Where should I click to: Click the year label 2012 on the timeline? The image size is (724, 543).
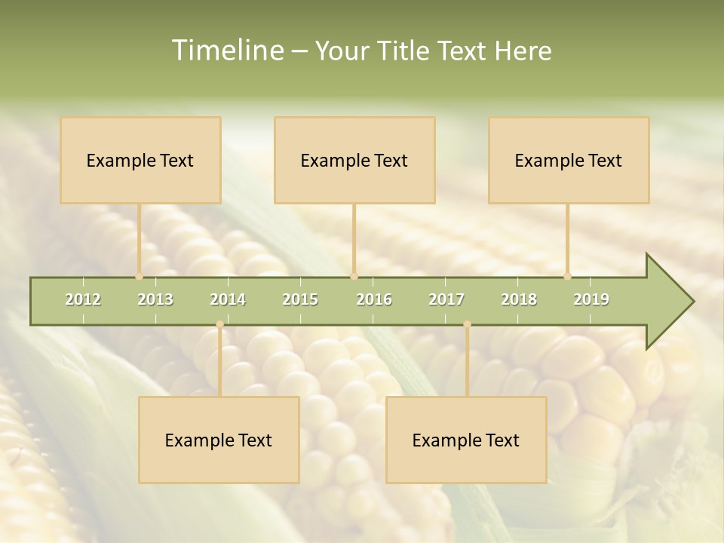tap(83, 299)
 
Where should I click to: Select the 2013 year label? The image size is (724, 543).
tap(155, 299)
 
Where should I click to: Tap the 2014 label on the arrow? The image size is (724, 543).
tap(228, 299)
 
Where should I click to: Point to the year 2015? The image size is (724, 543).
tap(300, 299)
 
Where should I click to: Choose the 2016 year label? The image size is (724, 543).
tap(374, 299)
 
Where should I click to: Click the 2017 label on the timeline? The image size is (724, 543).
tap(446, 299)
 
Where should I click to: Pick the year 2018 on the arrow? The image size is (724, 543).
tap(519, 299)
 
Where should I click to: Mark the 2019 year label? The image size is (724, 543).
tap(591, 299)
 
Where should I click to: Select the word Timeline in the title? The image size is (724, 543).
tap(225, 51)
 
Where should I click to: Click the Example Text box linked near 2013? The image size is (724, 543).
tap(140, 160)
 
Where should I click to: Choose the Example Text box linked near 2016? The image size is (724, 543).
tap(354, 160)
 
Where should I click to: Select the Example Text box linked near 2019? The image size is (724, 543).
tap(569, 160)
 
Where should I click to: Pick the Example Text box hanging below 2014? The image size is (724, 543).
tap(219, 440)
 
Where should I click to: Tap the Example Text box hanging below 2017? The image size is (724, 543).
tap(466, 440)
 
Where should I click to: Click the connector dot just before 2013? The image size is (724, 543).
tap(139, 276)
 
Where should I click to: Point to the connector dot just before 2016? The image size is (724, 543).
tap(354, 276)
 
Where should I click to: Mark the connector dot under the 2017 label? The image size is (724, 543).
tap(467, 324)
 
